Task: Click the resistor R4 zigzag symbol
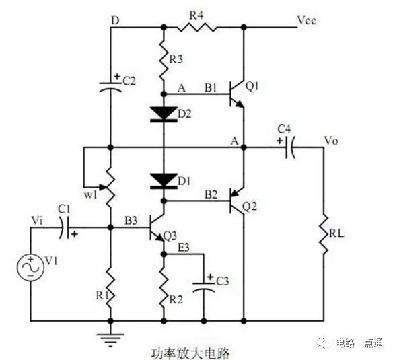pos(196,27)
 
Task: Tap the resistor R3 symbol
pos(164,60)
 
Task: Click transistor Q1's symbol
pos(236,94)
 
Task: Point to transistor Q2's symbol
pos(236,201)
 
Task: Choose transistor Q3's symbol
pos(157,227)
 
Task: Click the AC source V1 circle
pos(30,268)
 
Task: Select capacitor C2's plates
pos(110,86)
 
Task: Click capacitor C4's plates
pos(290,147)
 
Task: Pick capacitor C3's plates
pos(203,287)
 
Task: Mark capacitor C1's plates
pos(64,227)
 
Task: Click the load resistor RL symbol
pos(324,234)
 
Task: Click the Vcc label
pos(307,21)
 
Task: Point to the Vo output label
pos(331,141)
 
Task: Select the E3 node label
pos(184,248)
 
